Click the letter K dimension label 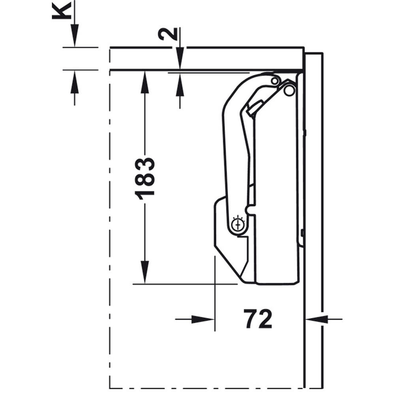[x=62, y=11]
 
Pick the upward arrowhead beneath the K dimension [x=75, y=82]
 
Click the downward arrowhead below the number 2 [x=180, y=58]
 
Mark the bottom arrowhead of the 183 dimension [x=144, y=272]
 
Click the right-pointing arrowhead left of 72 [x=203, y=320]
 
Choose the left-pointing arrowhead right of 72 [x=316, y=320]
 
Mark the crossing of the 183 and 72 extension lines [x=214, y=284]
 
